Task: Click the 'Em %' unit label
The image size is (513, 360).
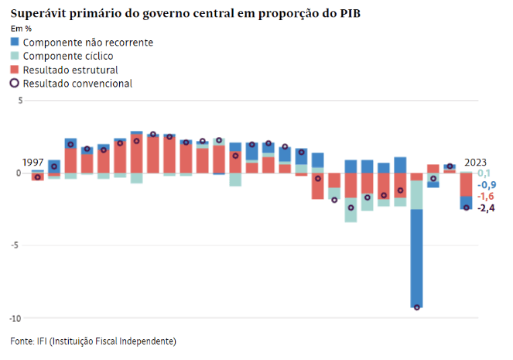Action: (x=21, y=29)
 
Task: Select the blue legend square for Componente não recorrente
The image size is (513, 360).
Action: (x=15, y=42)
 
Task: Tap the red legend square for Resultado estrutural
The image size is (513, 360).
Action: (x=15, y=70)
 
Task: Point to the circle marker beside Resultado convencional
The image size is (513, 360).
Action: (x=15, y=83)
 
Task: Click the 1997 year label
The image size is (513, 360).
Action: (x=32, y=162)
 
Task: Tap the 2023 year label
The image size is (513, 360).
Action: (x=476, y=163)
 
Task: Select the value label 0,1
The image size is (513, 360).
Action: (x=485, y=173)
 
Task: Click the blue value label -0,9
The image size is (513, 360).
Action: (x=486, y=185)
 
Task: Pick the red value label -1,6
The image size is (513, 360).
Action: (x=486, y=197)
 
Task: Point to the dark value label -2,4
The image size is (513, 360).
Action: (x=486, y=208)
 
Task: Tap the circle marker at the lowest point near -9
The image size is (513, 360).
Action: (x=417, y=307)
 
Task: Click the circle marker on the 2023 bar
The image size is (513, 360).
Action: (x=467, y=207)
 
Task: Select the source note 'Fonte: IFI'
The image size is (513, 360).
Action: (x=94, y=341)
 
